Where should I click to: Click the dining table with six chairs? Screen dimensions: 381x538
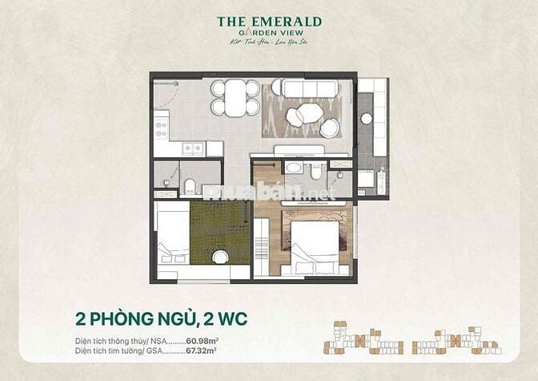pyautogui.click(x=235, y=98)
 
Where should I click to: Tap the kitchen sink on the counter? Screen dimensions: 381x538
pyautogui.click(x=192, y=148)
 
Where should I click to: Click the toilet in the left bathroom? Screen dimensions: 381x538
pyautogui.click(x=191, y=186)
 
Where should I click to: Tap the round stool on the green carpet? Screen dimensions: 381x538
pyautogui.click(x=219, y=257)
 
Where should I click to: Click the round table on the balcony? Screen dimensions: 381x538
pyautogui.click(x=366, y=119)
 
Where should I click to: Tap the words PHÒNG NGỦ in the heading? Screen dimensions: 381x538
pyautogui.click(x=132, y=318)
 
